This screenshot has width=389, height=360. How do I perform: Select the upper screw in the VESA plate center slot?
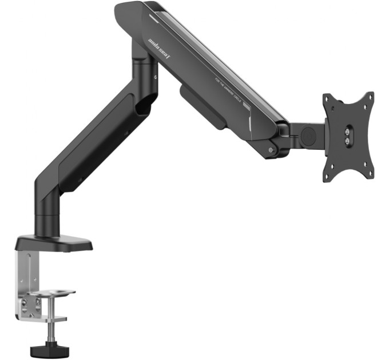348,130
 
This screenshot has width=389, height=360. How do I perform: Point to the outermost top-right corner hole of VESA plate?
369,96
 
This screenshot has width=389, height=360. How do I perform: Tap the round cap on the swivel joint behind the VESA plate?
308,135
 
